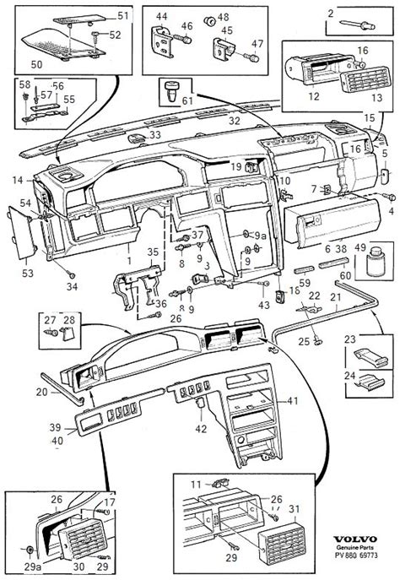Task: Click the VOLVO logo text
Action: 355,539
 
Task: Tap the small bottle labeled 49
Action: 375,261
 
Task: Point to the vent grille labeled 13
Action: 365,80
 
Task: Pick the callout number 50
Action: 36,64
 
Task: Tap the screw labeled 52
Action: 95,36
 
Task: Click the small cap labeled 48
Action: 210,21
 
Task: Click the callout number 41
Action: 293,401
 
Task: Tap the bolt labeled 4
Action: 389,197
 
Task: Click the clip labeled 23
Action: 370,355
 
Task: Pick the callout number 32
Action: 235,121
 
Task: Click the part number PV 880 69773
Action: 356,556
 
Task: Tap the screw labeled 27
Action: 51,332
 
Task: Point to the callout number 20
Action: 42,392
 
